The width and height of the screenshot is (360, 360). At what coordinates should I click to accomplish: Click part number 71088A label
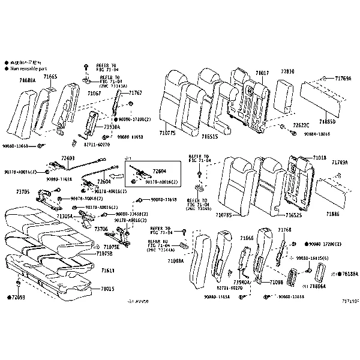(27, 79)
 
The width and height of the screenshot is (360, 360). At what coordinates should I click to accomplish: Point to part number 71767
(135, 93)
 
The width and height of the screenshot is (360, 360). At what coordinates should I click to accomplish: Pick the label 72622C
(301, 125)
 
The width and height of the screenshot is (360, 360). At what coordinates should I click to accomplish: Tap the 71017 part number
(262, 73)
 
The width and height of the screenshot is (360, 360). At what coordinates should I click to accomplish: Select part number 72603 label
(68, 158)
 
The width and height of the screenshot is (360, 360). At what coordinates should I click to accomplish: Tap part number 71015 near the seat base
(107, 289)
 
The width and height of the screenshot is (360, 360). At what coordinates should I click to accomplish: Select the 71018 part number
(319, 158)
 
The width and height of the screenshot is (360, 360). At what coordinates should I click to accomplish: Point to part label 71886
(332, 214)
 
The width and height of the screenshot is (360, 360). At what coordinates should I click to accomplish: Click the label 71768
(284, 230)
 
